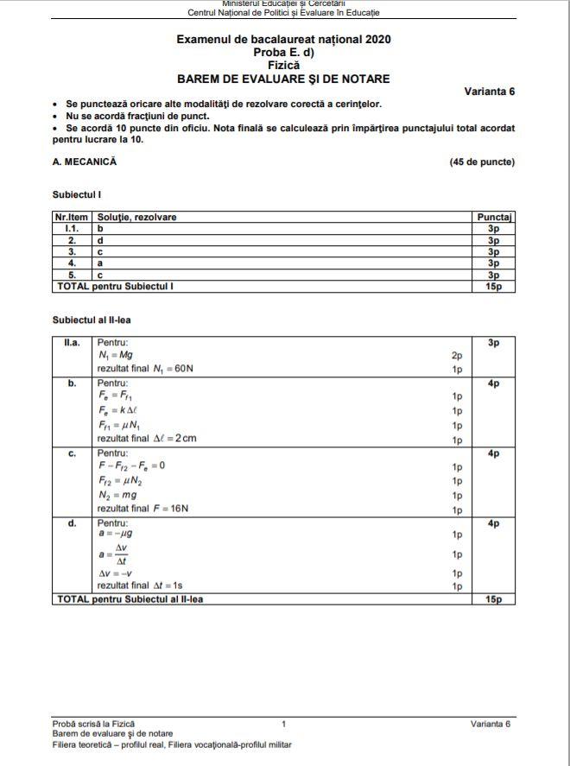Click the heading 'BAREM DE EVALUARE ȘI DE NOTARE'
283,79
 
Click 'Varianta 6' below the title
489,92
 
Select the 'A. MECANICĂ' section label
85,161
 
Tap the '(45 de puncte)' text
482,161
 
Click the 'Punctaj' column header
495,217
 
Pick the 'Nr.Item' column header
72,217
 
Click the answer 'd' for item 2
101,240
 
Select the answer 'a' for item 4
101,263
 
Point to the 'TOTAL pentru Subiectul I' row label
115,285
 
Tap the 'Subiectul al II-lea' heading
92,320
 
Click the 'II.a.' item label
72,343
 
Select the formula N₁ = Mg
115,355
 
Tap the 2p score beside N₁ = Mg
457,355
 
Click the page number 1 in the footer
283,723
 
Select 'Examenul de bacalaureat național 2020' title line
283,40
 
